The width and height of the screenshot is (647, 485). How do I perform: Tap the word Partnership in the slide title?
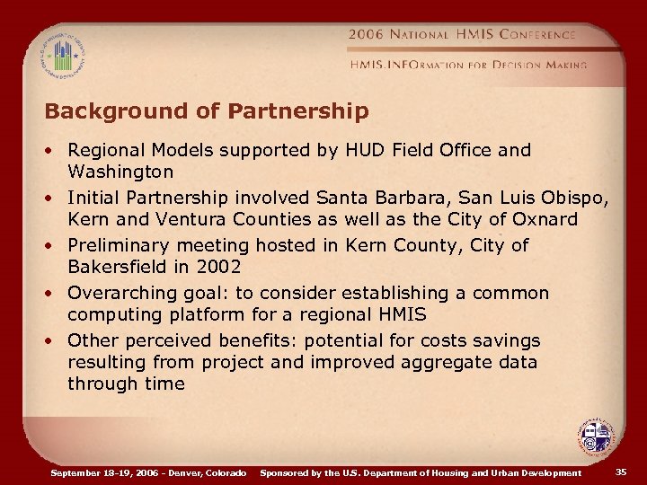tap(299, 111)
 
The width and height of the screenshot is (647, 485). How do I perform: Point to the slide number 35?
tap(621, 472)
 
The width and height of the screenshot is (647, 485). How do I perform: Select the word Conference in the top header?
tap(529, 34)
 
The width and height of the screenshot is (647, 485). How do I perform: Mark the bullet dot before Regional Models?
tap(55, 151)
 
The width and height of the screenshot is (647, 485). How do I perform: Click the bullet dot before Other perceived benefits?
tap(55, 341)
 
